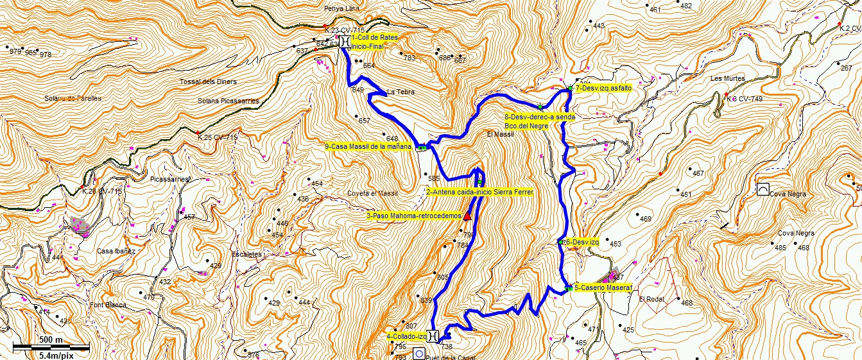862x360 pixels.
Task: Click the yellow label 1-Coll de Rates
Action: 374,37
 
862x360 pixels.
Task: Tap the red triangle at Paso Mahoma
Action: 467,216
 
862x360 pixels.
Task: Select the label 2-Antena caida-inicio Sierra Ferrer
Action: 479,192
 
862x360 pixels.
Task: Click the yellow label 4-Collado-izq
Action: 406,336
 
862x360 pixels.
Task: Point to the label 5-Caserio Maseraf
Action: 603,288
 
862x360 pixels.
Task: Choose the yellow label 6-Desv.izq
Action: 582,242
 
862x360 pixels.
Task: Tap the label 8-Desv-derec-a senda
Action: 540,117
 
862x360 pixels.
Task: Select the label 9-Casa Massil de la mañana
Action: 368,146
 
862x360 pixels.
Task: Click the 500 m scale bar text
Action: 51,340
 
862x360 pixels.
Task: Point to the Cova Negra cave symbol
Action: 763,189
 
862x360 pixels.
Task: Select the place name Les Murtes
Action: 727,78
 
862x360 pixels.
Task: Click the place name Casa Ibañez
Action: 116,251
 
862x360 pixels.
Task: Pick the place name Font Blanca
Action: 105,305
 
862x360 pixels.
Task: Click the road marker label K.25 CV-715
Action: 218,137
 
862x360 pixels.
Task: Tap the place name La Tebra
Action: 401,92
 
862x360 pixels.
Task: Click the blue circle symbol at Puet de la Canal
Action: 418,354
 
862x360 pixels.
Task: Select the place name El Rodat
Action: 650,298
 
